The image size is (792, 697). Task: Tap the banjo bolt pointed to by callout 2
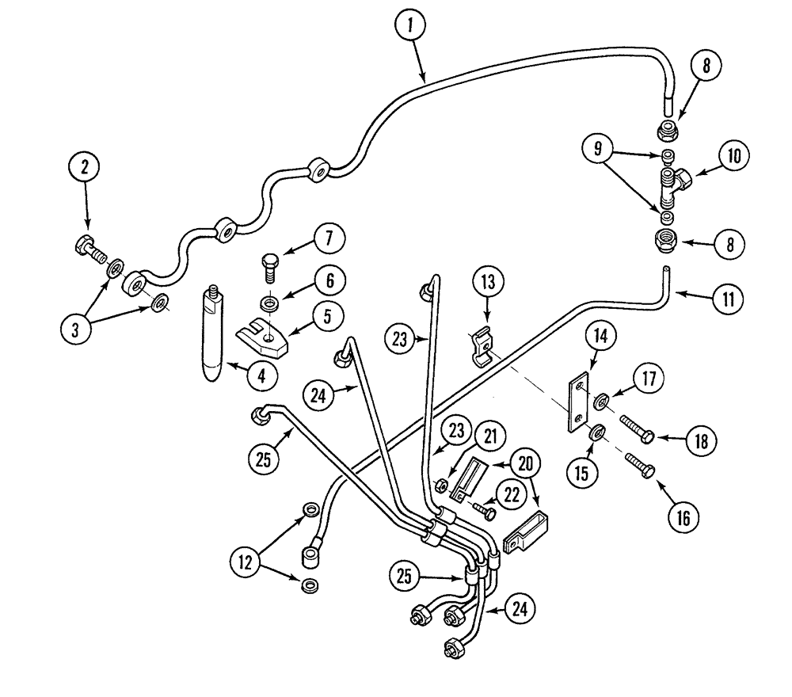pos(89,248)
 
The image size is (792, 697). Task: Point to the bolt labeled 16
pos(640,468)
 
